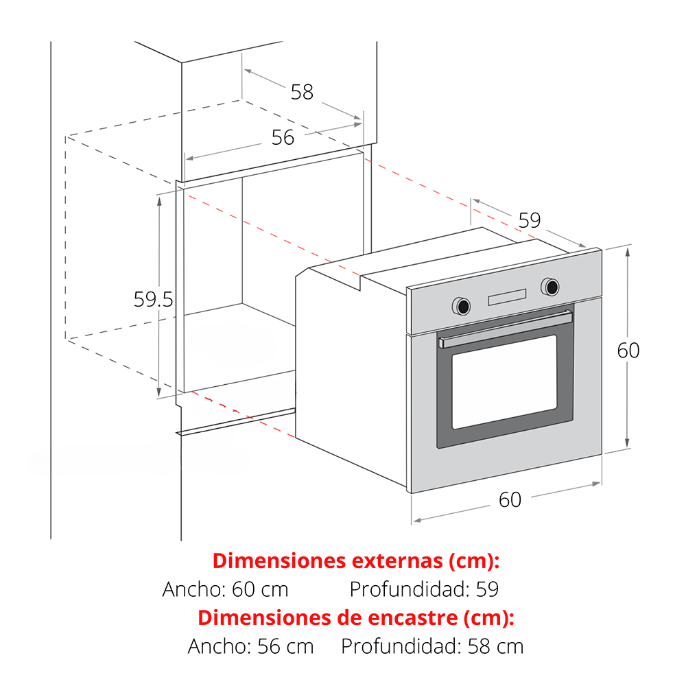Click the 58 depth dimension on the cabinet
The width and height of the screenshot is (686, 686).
[303, 93]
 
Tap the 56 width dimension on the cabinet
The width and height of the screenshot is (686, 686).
[283, 138]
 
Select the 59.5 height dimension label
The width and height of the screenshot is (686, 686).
[153, 300]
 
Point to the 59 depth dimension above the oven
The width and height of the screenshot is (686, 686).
[530, 220]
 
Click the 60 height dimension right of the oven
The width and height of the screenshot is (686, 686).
[628, 351]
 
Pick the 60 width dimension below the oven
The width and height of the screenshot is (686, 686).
[510, 499]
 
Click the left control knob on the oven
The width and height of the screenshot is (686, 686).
[462, 306]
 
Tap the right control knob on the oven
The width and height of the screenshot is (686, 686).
[550, 287]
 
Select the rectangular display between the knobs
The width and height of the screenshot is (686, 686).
[507, 297]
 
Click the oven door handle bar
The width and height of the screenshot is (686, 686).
[506, 329]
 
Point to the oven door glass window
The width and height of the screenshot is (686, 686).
[504, 382]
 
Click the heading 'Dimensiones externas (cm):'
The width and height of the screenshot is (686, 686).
[355, 561]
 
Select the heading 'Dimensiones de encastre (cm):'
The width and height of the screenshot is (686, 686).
[355, 618]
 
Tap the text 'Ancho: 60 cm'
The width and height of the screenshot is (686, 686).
[225, 589]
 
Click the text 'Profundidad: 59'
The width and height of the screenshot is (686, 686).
[424, 589]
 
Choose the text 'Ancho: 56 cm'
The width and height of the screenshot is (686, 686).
[250, 646]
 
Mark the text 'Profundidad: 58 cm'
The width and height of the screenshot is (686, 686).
[432, 646]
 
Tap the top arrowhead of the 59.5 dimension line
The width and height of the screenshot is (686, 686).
[159, 201]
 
